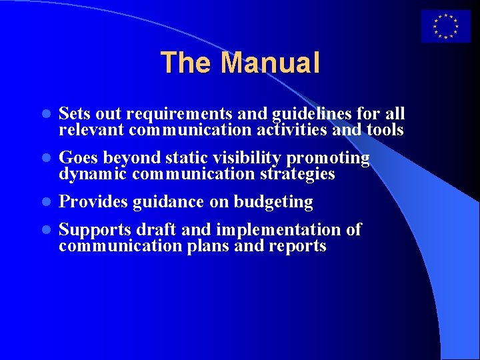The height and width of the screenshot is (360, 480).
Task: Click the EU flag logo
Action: (445, 27)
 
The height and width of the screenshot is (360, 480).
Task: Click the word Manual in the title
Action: (270, 63)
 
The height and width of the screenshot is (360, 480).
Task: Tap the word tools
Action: (385, 129)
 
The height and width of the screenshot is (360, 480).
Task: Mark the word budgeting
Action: (273, 202)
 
